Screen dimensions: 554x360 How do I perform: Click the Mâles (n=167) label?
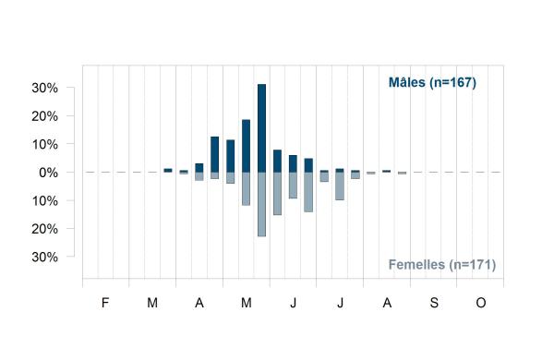[432, 83]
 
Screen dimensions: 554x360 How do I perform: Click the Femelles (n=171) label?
[442, 265]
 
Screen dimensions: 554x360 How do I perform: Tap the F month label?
[105, 303]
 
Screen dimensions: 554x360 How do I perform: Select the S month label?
[434, 303]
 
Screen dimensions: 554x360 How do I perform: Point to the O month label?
[480, 303]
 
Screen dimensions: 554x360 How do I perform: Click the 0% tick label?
[48, 173]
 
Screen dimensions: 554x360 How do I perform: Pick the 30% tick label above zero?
[45, 88]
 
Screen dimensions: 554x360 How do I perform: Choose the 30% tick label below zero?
[45, 257]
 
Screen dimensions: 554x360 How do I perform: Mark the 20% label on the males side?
[45, 116]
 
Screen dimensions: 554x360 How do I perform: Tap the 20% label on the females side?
[45, 229]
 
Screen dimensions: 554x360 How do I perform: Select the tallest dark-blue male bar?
[262, 128]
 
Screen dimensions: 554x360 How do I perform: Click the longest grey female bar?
[262, 204]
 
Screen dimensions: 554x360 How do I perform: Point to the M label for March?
[152, 303]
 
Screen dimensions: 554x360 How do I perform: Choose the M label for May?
[247, 303]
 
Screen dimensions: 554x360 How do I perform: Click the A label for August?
[387, 303]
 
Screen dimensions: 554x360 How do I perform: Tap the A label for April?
[199, 303]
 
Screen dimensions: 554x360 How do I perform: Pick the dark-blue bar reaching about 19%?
[246, 146]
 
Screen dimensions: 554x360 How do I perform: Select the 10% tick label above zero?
[45, 145]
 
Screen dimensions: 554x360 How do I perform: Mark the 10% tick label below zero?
[45, 201]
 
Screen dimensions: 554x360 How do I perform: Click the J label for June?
[293, 303]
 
